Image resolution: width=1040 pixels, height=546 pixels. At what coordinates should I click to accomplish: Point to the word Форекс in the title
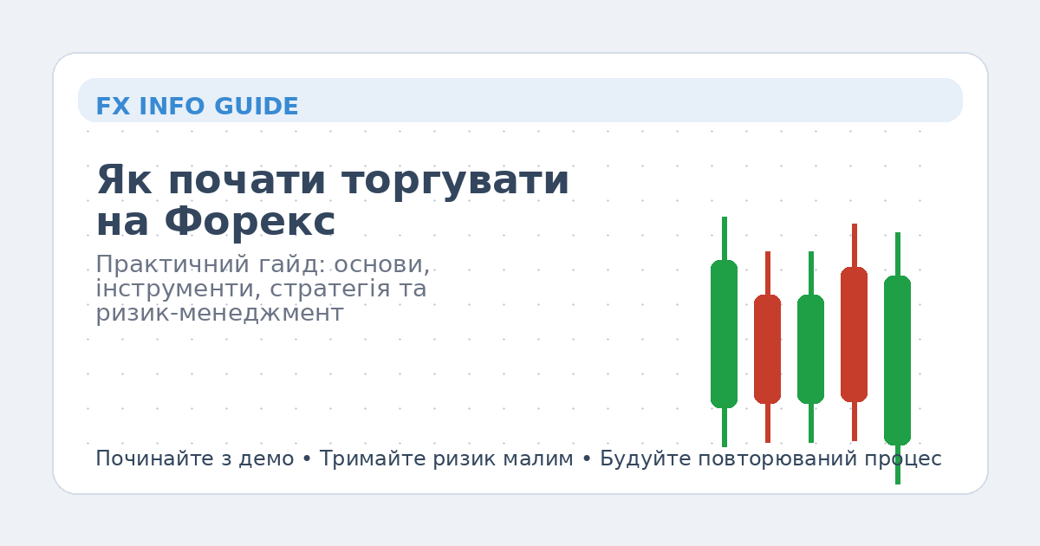[x=250, y=223]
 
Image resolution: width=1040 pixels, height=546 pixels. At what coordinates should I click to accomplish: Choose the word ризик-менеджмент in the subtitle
[x=219, y=313]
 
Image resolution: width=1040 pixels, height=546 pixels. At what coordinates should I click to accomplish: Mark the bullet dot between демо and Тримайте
[x=307, y=459]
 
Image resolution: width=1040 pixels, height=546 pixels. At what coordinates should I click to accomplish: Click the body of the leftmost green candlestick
[x=724, y=334]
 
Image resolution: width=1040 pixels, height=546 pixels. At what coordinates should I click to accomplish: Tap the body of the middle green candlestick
[x=810, y=348]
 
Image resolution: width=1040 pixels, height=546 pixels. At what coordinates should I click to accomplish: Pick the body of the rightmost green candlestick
[x=897, y=360]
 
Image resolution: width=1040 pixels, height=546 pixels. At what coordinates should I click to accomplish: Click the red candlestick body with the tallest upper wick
[x=854, y=334]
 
